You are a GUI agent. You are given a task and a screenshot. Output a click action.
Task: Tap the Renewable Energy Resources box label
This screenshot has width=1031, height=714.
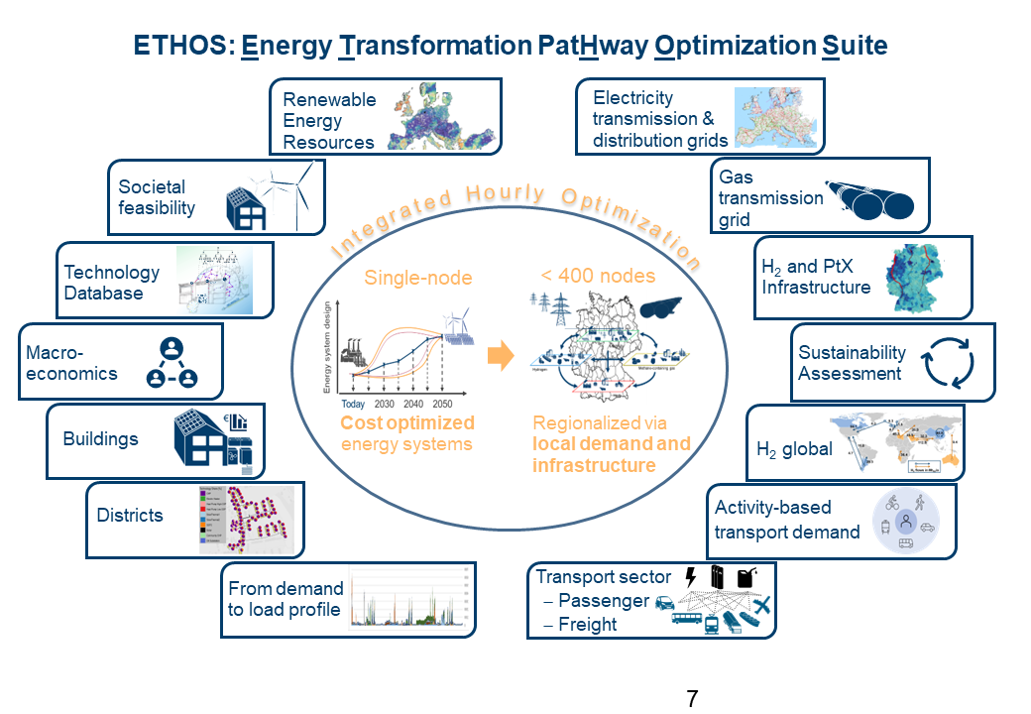pos(329,120)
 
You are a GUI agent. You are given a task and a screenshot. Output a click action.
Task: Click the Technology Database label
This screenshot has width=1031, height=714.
pos(111,283)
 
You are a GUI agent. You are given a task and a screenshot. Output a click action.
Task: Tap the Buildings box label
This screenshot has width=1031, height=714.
pos(100,438)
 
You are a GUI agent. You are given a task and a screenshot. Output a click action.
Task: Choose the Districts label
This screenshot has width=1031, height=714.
pos(130,515)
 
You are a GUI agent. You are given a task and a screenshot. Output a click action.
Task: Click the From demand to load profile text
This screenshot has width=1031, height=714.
pos(286,599)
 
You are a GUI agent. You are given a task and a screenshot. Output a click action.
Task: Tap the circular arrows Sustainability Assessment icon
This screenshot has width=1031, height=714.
pos(950,364)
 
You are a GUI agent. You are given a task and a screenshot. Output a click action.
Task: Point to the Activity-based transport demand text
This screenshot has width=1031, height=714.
pos(787,520)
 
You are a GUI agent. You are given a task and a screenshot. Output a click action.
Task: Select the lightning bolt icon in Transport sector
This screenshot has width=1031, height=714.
pos(691,576)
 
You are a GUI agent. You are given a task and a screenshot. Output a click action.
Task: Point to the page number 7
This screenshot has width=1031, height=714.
pos(692,698)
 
